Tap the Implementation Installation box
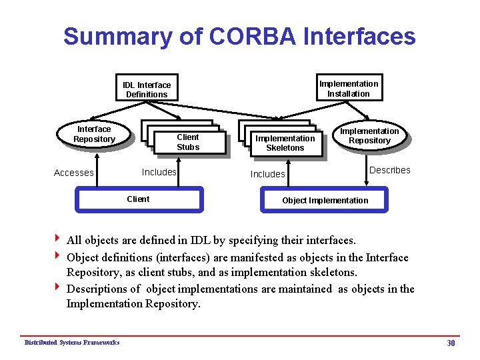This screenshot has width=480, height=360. pos(349,88)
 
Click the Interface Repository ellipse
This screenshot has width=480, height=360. pos(94,134)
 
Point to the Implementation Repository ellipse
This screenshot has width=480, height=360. pos(369,135)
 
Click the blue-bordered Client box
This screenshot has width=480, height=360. pos(138,199)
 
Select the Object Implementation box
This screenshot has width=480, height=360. pos(325,201)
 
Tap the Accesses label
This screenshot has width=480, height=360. pos(73,173)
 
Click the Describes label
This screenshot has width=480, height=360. pos(390,170)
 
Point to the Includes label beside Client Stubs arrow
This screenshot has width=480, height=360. pos(159,172)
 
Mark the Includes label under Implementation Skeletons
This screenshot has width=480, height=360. pos(267,174)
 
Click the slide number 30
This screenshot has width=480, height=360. pos(451,343)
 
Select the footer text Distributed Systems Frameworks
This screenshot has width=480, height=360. pos(72,343)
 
